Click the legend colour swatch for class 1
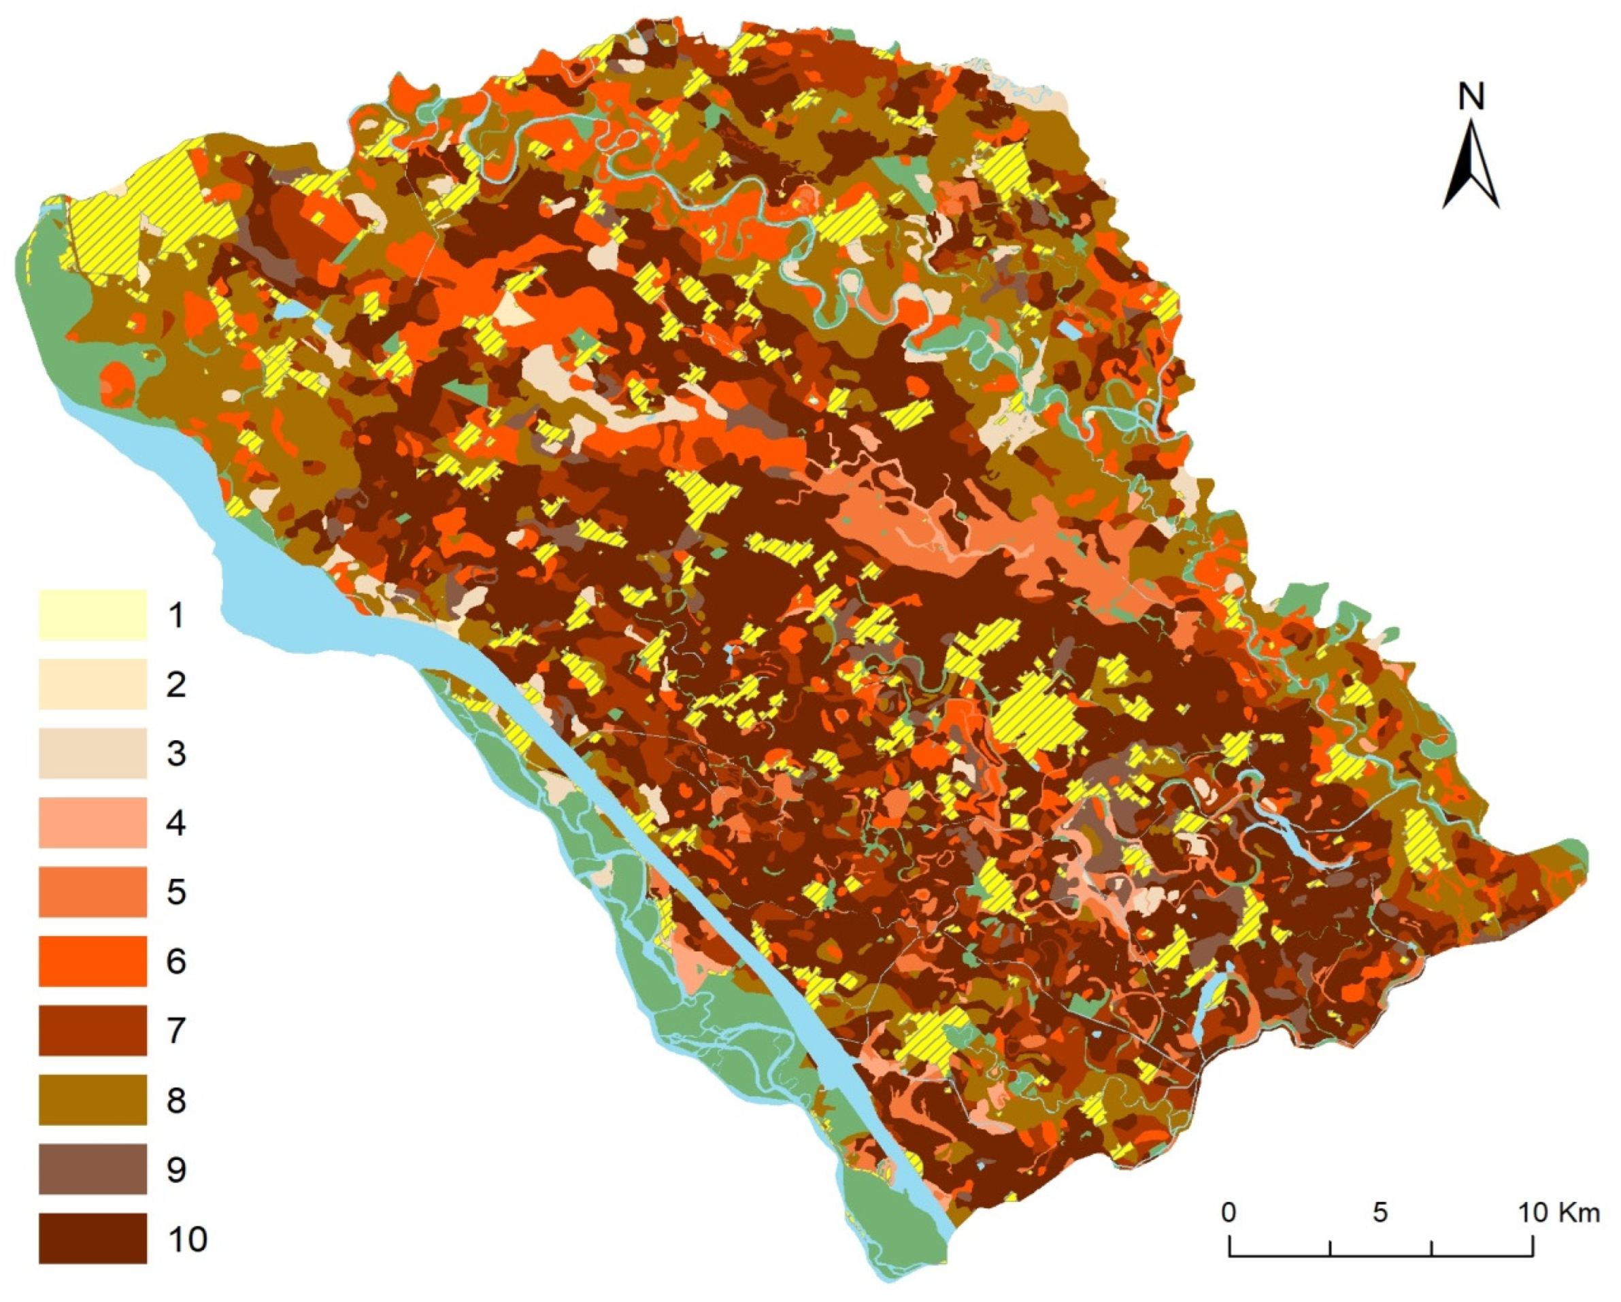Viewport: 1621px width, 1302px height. coord(93,615)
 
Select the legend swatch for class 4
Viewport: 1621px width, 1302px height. coord(93,822)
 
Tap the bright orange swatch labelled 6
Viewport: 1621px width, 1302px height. coord(93,961)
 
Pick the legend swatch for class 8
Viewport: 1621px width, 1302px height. coord(93,1100)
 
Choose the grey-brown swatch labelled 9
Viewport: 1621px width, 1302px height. coord(93,1169)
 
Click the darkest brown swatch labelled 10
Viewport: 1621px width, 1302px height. coord(93,1238)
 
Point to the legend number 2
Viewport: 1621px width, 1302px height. coord(176,684)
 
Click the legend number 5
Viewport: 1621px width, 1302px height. coord(176,892)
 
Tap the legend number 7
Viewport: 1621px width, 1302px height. coord(176,1030)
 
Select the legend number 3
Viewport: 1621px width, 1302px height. coord(176,753)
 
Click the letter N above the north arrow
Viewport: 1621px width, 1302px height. coord(1471,97)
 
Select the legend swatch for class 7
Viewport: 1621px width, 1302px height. coord(93,1030)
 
